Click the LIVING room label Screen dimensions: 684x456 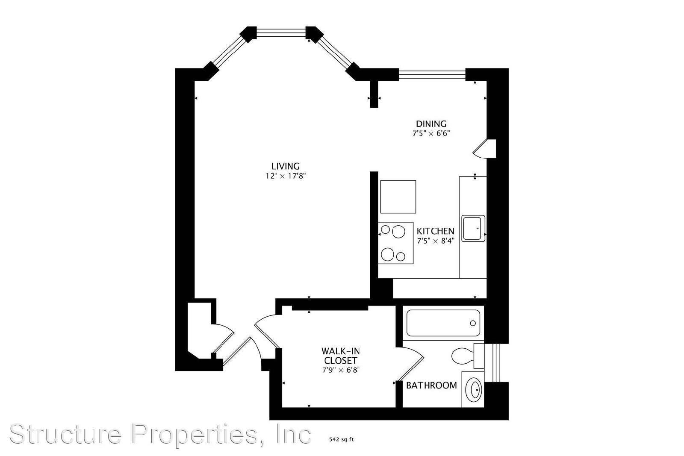point(286,166)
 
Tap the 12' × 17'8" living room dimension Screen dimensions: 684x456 point(286,176)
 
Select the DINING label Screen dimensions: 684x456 point(431,124)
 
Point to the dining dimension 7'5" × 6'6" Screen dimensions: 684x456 point(431,133)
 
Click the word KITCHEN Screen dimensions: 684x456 point(436,231)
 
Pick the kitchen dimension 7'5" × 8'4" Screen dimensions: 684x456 point(436,241)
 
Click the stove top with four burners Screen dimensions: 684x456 point(395,243)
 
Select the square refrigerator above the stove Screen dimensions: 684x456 point(398,197)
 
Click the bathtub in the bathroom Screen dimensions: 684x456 point(443,323)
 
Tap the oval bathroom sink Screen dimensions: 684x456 point(475,388)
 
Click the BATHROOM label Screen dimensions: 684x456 point(431,385)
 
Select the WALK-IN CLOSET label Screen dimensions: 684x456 point(340,356)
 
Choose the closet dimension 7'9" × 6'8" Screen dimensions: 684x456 point(341,370)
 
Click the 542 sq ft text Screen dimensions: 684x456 point(341,439)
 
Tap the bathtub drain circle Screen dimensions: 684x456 point(473,323)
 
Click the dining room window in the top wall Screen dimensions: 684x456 point(432,74)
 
